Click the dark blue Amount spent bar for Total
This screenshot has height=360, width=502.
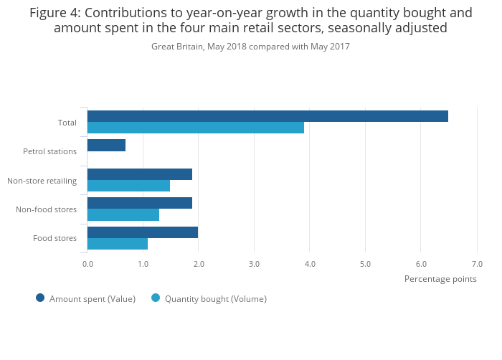[267, 116]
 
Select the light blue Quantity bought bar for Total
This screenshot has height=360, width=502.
[195, 128]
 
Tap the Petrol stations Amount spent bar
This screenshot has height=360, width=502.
[106, 145]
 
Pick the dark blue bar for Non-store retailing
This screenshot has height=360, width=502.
[140, 174]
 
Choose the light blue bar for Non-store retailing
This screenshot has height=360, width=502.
[128, 186]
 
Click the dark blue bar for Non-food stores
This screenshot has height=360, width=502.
[140, 203]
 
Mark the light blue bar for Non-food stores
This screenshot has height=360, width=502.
[123, 214]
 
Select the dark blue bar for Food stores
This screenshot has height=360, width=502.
[143, 232]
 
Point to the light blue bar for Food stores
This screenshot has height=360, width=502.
[118, 244]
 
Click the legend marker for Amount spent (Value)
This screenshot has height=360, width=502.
[40, 298]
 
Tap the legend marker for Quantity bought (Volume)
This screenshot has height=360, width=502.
[156, 298]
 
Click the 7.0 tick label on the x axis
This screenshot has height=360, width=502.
[477, 264]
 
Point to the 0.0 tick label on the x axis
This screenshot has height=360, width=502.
[87, 264]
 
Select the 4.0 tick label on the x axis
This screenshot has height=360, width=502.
[310, 264]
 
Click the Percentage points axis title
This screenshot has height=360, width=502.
[440, 279]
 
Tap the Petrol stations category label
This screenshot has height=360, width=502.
[49, 151]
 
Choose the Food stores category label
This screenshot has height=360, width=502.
[55, 238]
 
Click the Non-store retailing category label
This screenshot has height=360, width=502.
[42, 181]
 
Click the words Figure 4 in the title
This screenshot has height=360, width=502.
[55, 12]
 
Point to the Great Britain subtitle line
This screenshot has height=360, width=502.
[250, 46]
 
